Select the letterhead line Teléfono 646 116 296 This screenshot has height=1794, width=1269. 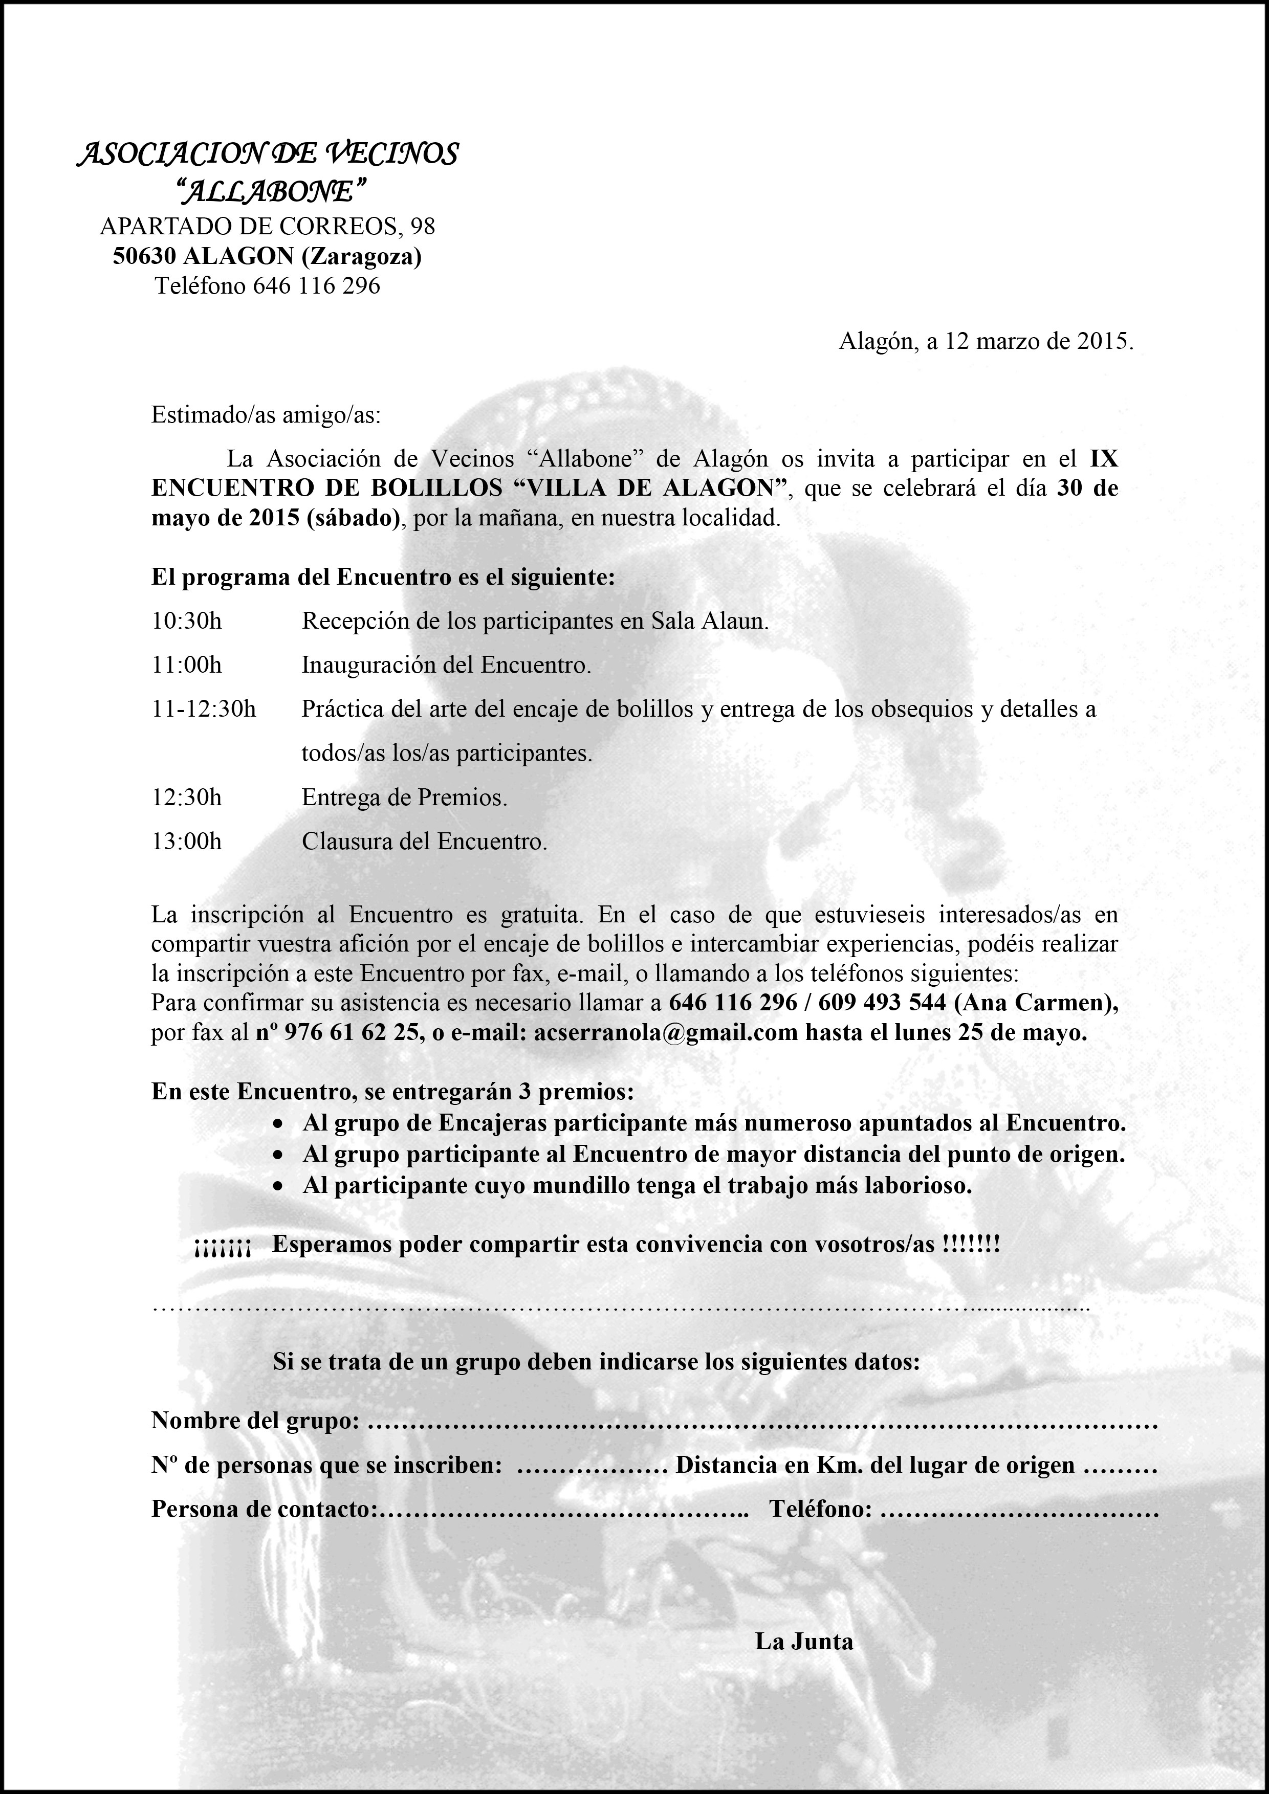click(x=267, y=286)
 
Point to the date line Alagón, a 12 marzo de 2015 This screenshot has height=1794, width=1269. click(x=986, y=341)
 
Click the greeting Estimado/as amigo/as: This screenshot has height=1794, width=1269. click(x=266, y=414)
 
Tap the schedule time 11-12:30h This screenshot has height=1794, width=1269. click(x=203, y=710)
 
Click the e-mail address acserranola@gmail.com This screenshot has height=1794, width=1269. click(x=666, y=1033)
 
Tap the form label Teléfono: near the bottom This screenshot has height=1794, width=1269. click(x=820, y=1509)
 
